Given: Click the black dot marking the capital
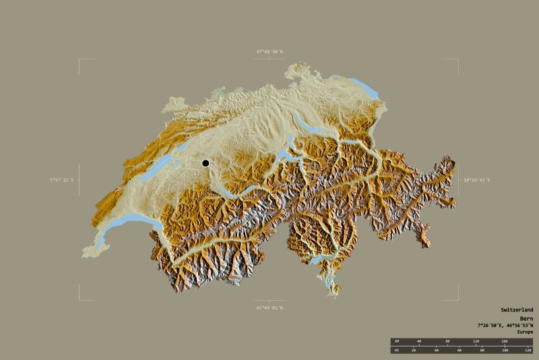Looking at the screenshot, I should tap(205, 163).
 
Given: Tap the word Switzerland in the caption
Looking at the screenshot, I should tap(516, 309).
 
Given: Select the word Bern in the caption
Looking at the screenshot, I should tap(526, 318).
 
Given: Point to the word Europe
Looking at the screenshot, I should tap(525, 332).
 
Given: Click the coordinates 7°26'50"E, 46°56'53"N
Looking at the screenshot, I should tap(505, 325).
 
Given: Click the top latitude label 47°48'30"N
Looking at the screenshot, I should tap(269, 51).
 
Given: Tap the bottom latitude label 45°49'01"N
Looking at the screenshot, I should tap(269, 308).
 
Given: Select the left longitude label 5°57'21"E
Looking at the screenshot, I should tap(61, 180).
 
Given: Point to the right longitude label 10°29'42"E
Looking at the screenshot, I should tap(476, 180).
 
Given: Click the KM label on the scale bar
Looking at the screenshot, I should tap(397, 341).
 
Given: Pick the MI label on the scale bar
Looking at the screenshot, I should tap(397, 351).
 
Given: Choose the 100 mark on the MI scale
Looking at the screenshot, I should tap(505, 351).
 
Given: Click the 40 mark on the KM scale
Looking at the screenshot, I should tap(419, 341).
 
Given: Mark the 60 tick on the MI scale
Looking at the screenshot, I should tap(459, 351).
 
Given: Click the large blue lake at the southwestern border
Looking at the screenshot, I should tap(128, 220).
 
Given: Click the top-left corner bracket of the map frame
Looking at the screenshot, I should tap(80, 60).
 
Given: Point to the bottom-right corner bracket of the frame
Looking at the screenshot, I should tap(457, 299).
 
